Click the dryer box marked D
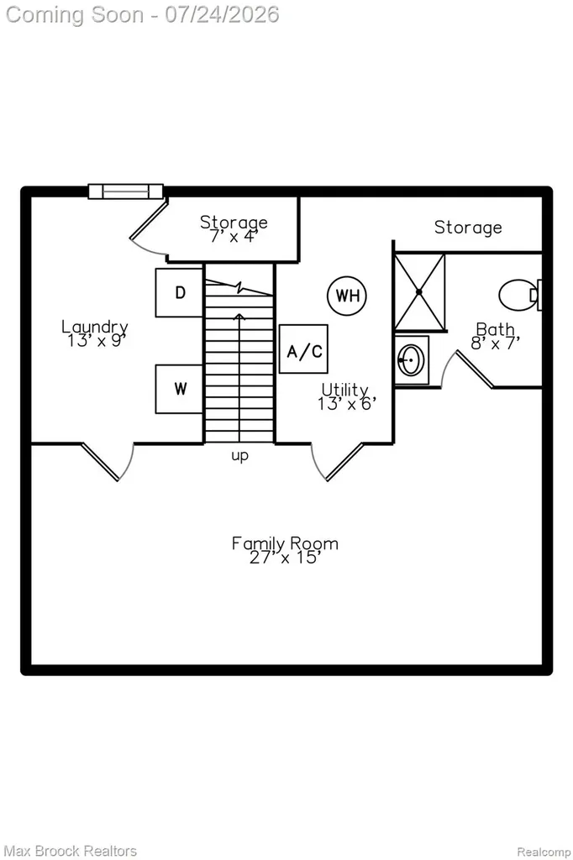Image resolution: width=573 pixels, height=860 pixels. (180, 292)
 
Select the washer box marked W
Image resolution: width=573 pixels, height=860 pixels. (180, 389)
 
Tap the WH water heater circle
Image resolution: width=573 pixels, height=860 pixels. (347, 296)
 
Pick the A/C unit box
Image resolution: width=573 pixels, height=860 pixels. (303, 349)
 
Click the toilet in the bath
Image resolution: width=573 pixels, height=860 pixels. (520, 295)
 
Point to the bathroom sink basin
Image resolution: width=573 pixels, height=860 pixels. (411, 359)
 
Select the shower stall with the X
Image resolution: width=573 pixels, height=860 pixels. (420, 291)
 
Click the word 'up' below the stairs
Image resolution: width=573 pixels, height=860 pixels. (239, 455)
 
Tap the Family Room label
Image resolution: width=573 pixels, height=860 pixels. (285, 543)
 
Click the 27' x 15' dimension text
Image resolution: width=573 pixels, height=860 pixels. (285, 558)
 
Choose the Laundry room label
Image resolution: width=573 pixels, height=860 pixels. (94, 327)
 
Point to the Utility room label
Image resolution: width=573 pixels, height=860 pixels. (344, 390)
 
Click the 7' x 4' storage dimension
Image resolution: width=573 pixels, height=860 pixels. (234, 236)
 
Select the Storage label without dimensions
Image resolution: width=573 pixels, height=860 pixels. (468, 227)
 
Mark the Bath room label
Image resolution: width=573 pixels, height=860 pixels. (496, 329)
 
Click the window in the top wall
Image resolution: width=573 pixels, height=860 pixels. (126, 191)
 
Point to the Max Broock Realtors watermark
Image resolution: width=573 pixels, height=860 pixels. (71, 851)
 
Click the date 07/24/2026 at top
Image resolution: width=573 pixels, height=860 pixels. (222, 14)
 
